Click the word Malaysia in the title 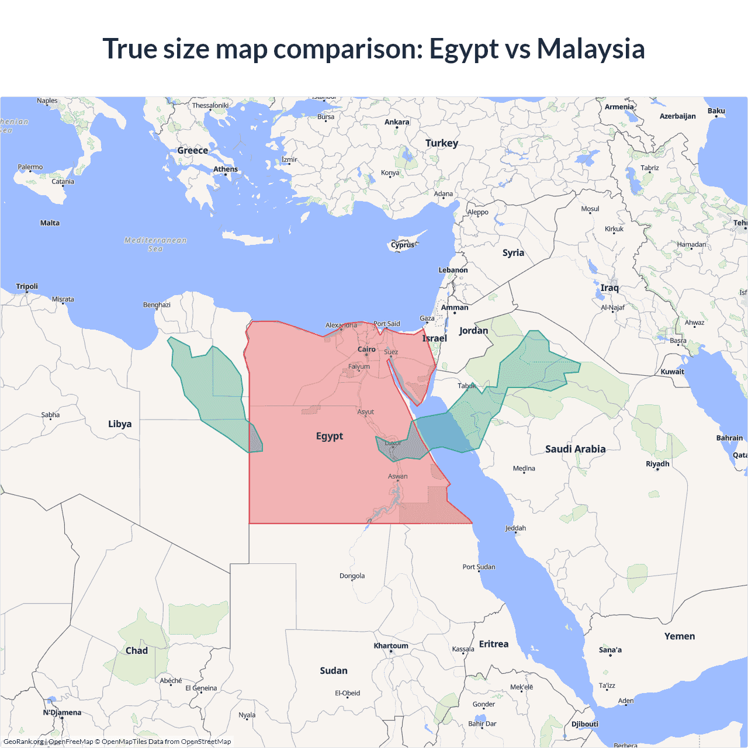pyautogui.click(x=591, y=49)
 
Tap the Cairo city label pyautogui.click(x=366, y=349)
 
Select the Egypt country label pyautogui.click(x=330, y=437)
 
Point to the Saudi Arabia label pyautogui.click(x=575, y=449)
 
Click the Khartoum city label pyautogui.click(x=391, y=646)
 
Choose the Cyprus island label pyautogui.click(x=403, y=245)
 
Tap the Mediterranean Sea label pyautogui.click(x=155, y=244)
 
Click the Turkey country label pyautogui.click(x=442, y=143)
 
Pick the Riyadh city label pyautogui.click(x=657, y=464)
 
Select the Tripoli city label pyautogui.click(x=27, y=286)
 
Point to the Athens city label pyautogui.click(x=226, y=169)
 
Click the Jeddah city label pyautogui.click(x=515, y=528)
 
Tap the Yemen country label pyautogui.click(x=680, y=636)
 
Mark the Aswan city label pyautogui.click(x=398, y=477)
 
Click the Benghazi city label pyautogui.click(x=157, y=305)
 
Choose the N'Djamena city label pyautogui.click(x=62, y=712)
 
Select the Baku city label pyautogui.click(x=716, y=111)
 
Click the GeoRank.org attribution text pyautogui.click(x=23, y=742)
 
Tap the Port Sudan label pyautogui.click(x=479, y=567)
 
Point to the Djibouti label pyautogui.click(x=585, y=724)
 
